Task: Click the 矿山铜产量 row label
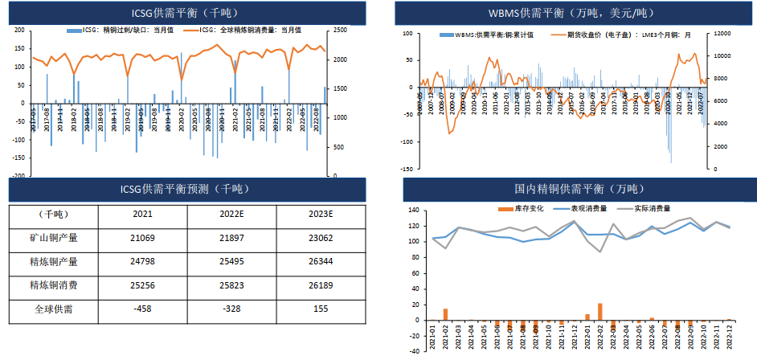53,238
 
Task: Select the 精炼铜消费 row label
53,284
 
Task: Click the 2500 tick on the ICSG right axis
341,31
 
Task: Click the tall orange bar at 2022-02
600,312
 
